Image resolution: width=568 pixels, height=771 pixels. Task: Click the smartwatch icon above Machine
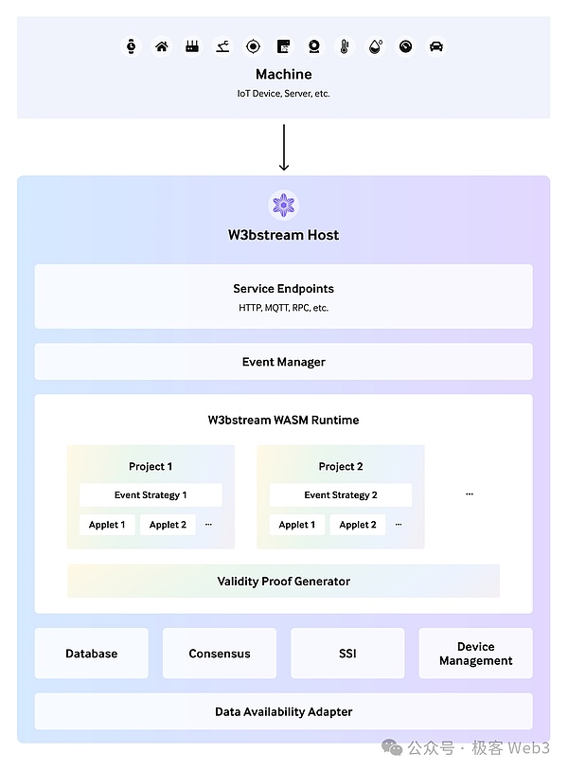[132, 46]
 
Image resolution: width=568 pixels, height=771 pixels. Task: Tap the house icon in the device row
[162, 46]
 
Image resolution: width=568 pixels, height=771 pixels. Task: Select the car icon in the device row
[435, 46]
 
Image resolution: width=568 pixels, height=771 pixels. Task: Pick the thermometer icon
[345, 46]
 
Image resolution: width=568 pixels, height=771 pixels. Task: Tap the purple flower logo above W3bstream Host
[284, 205]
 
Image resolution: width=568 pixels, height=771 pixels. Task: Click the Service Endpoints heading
[284, 289]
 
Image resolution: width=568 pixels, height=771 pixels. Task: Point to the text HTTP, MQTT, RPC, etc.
[284, 308]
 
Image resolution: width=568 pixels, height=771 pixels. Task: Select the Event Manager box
[284, 362]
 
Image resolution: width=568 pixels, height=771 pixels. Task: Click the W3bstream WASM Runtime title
[284, 420]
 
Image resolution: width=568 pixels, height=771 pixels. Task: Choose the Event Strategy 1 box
[151, 495]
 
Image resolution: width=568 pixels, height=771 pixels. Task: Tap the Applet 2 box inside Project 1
[168, 525]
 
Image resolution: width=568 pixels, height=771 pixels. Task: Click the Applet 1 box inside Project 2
[297, 525]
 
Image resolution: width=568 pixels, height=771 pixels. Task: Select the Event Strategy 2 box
[341, 495]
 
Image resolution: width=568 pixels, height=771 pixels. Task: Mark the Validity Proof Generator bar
[284, 581]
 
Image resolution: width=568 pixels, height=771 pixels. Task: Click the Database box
[92, 654]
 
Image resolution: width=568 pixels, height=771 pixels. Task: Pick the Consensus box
[220, 654]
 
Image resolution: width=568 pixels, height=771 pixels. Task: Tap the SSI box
[347, 654]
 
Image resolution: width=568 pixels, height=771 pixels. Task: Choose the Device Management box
[475, 654]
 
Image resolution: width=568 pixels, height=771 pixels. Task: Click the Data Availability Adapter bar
[284, 711]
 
